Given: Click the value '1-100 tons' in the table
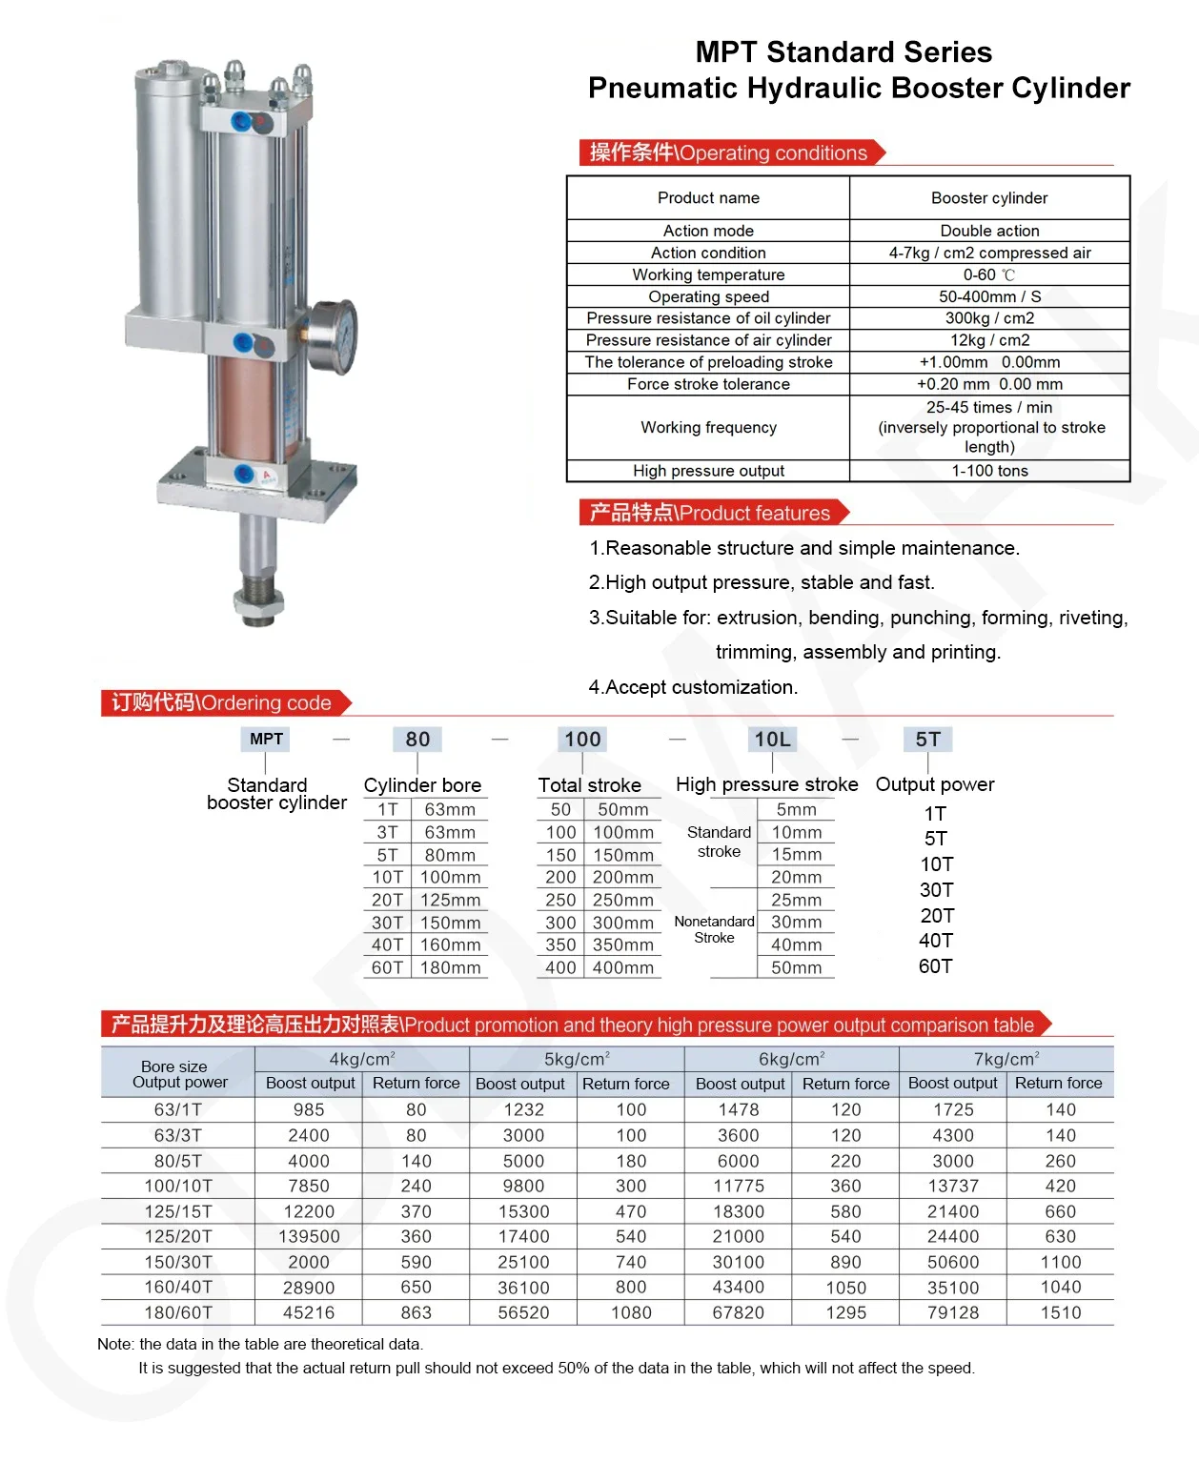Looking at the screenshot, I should coord(989,471).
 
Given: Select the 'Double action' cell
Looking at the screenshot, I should coord(989,231).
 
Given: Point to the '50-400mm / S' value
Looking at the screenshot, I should coord(989,296).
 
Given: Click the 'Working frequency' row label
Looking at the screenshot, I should coord(708,428).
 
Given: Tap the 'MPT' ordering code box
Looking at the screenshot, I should coord(266,740).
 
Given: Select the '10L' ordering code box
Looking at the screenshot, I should coord(772,740).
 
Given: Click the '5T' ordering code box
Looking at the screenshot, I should coord(927,740).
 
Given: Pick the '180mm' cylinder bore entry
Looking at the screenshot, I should coord(450,968).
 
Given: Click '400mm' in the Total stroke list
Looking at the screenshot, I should coord(623,968).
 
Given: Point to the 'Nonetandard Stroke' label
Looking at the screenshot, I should coord(714,929).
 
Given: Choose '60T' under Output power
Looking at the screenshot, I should coord(935,966).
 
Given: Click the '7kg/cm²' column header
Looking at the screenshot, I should coord(1006,1059).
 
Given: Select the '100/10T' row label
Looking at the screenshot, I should coord(178,1187).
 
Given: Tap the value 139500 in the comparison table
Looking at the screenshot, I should coord(309,1237).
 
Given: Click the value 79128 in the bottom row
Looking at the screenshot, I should coord(953,1313).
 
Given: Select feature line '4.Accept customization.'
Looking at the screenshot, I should coord(693,687).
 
